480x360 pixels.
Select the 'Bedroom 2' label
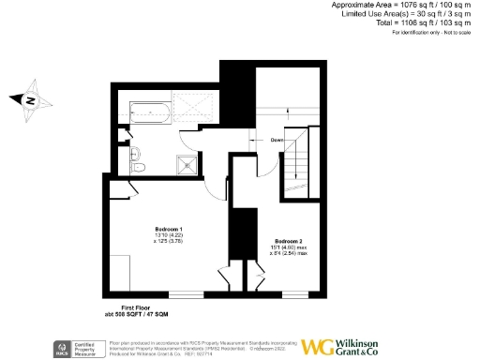point(287,240)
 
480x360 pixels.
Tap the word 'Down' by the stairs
point(277,140)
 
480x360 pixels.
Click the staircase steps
point(299,169)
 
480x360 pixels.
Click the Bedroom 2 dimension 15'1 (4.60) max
point(287,247)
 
